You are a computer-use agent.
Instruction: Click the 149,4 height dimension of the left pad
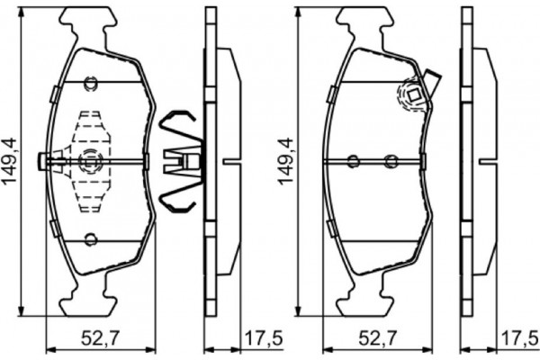click(x=9, y=162)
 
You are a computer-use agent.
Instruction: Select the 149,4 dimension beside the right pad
click(x=286, y=162)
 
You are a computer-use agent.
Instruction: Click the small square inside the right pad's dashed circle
click(x=414, y=94)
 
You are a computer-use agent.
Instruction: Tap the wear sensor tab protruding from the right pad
click(x=432, y=81)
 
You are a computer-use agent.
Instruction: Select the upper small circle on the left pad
click(x=91, y=83)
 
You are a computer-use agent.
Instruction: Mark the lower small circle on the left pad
click(x=91, y=239)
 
